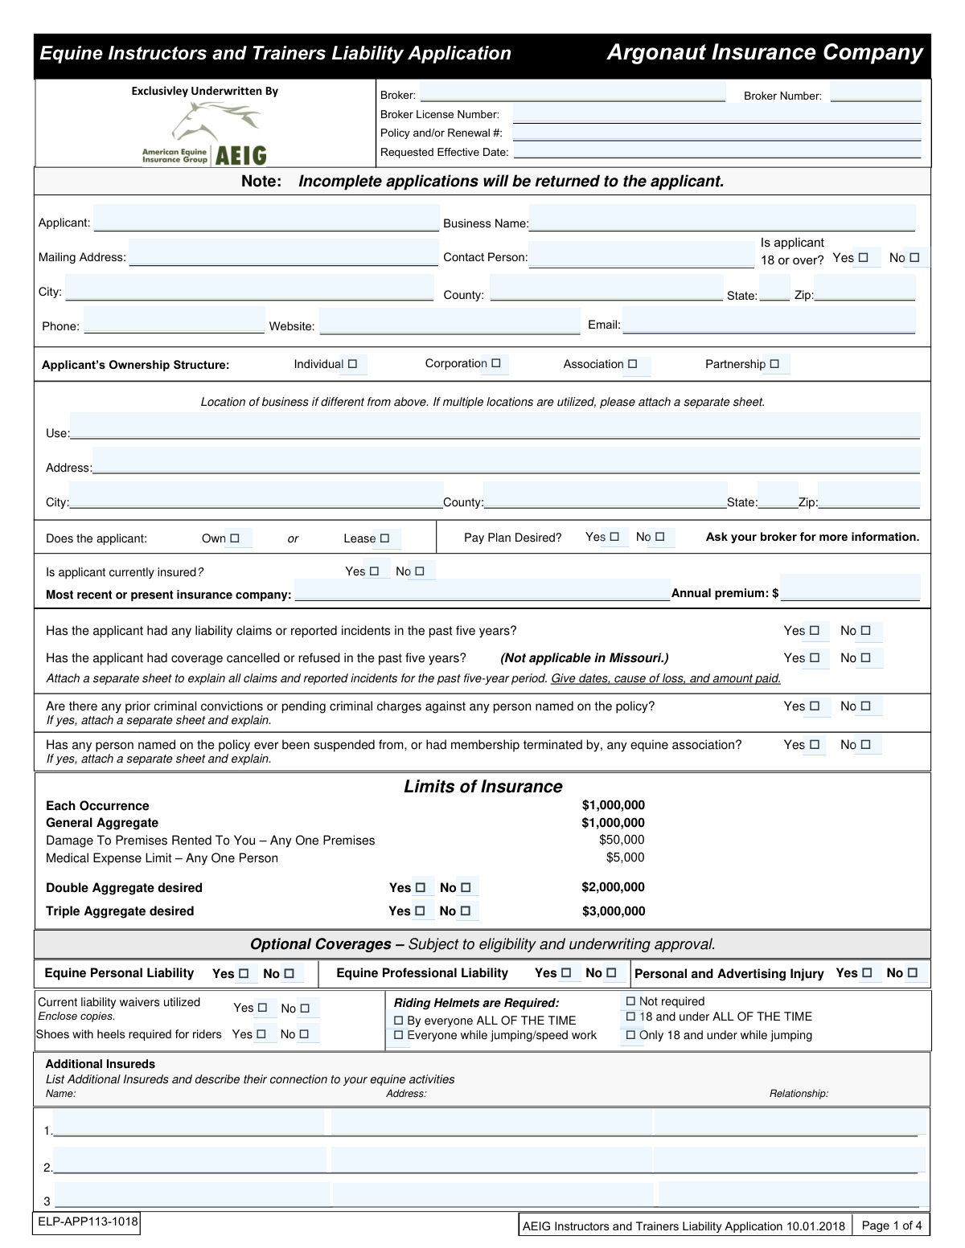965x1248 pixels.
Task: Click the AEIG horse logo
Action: tap(216, 133)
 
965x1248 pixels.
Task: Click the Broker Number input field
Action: tap(875, 93)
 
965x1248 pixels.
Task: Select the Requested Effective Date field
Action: tap(716, 151)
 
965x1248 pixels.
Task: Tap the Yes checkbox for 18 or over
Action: tap(863, 258)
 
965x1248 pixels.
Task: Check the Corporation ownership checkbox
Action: tap(495, 364)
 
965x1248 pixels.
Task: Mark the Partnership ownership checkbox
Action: tap(774, 364)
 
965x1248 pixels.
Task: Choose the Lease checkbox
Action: tap(384, 538)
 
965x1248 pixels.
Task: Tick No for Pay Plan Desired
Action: tap(659, 537)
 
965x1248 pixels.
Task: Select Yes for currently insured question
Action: tap(374, 571)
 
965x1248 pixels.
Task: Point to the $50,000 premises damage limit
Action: tap(622, 840)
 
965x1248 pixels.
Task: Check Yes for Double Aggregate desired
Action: tap(420, 888)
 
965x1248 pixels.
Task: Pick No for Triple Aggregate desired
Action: tap(466, 911)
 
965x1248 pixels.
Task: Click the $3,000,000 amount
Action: tap(614, 911)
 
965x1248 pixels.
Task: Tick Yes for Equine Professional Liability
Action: tap(565, 973)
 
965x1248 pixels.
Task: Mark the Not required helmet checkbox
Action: tap(630, 1001)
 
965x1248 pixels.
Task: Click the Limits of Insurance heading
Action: tap(482, 787)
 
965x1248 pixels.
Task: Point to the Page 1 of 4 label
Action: tap(891, 1225)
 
